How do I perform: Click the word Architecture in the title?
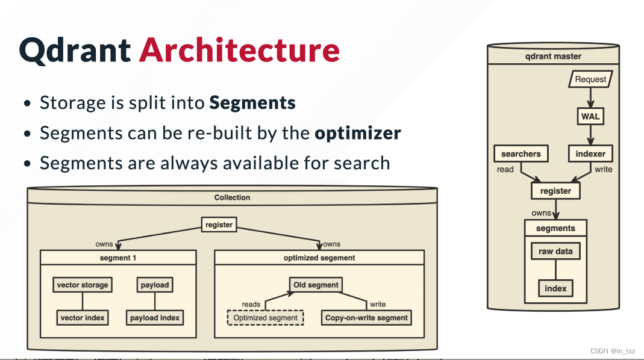click(x=239, y=50)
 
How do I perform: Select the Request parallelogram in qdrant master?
click(x=590, y=79)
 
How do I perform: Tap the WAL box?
click(x=590, y=117)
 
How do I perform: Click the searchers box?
click(x=521, y=154)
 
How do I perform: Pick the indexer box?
click(x=590, y=154)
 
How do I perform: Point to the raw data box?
click(x=555, y=251)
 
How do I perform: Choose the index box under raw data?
click(x=555, y=288)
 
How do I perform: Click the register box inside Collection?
click(x=219, y=225)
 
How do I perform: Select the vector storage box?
click(x=83, y=285)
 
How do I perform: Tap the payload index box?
click(x=155, y=318)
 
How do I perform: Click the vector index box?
click(x=83, y=318)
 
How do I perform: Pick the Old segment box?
click(x=316, y=285)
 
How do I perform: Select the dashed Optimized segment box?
click(x=265, y=318)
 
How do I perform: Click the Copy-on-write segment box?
click(x=366, y=318)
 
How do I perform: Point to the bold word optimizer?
click(x=358, y=133)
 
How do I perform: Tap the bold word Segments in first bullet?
click(x=252, y=103)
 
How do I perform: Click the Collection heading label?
click(x=232, y=197)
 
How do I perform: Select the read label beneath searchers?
click(x=505, y=170)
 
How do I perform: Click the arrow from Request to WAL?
click(x=590, y=98)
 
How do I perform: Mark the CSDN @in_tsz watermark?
click(x=613, y=351)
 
